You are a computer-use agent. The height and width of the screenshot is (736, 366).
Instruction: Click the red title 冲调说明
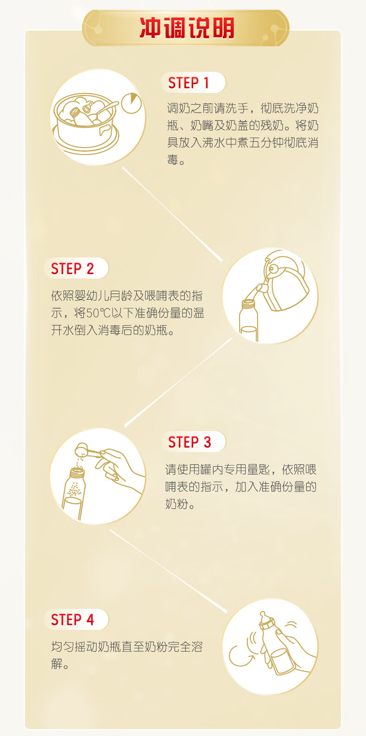tap(187, 28)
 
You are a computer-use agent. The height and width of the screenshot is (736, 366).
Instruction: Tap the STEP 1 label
tap(189, 83)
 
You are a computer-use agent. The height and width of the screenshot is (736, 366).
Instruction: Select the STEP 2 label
tap(72, 269)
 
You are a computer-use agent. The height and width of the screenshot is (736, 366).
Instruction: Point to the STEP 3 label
tap(189, 442)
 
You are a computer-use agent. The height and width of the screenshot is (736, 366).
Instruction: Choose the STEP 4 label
tap(72, 620)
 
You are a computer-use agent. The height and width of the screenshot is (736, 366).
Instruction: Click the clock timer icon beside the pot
tap(131, 103)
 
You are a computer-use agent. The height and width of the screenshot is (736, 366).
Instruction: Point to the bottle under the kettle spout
tap(248, 320)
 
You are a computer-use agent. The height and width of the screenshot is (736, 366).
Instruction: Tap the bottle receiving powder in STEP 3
tap(73, 493)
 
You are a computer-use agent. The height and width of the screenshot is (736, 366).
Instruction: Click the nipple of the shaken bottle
tap(263, 615)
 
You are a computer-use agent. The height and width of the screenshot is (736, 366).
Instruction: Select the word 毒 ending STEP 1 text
tap(172, 160)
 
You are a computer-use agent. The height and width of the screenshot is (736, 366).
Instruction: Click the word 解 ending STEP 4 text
tap(57, 664)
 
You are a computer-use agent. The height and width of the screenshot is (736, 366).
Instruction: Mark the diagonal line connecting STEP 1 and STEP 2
tap(172, 214)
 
